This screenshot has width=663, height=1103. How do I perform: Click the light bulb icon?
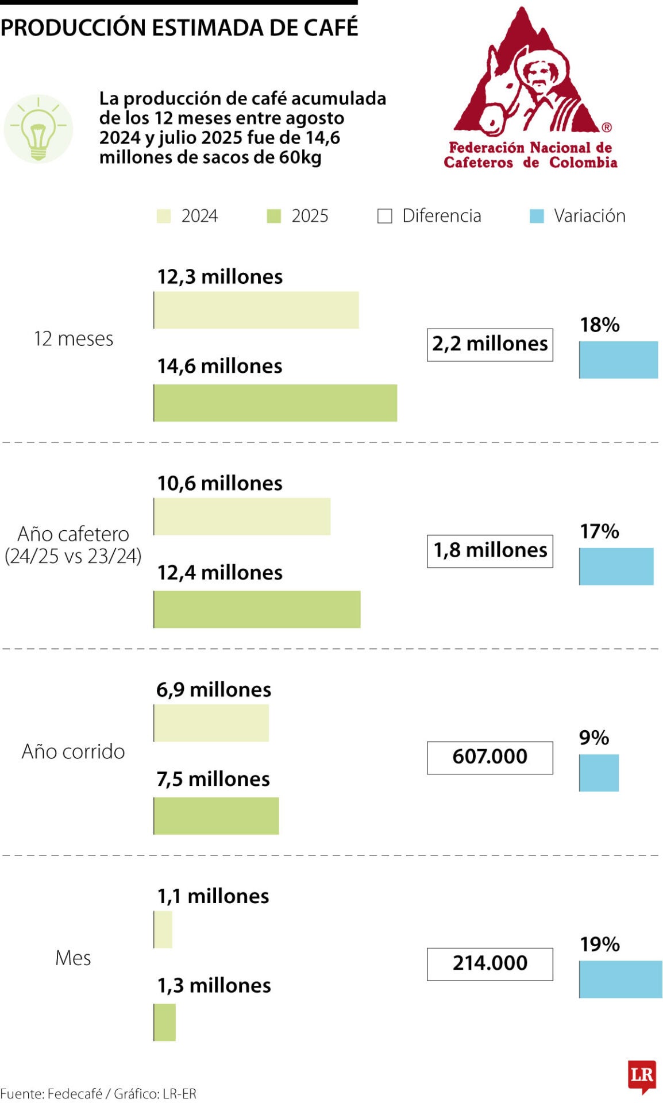coord(38,129)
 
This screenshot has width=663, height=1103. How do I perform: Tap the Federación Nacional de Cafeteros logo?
coord(530,89)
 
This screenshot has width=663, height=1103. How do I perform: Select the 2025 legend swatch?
coord(274,216)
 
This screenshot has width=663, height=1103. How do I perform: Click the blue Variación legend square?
coord(537,216)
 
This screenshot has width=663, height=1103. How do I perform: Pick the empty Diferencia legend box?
coord(384,216)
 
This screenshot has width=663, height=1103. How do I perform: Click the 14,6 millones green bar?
coord(275,403)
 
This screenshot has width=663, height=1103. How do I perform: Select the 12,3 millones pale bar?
coord(256,310)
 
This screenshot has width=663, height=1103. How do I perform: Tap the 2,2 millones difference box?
coord(489,345)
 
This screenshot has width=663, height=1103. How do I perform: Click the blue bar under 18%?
coord(618,360)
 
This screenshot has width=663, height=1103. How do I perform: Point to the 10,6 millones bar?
coord(242,516)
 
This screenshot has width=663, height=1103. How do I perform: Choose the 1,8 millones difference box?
coord(489,551)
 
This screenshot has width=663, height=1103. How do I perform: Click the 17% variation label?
coord(599,531)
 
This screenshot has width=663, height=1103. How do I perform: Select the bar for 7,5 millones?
coord(216,815)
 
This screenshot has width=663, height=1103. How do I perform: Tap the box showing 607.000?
coord(489,757)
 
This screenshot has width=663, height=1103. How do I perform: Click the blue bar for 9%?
coord(599,773)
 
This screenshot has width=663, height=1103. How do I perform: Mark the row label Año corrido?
coord(73,751)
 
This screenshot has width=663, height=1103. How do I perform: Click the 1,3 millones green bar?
coord(165,1022)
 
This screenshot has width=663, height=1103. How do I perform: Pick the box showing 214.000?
coord(489,963)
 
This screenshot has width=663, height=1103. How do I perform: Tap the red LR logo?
coord(642,1075)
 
